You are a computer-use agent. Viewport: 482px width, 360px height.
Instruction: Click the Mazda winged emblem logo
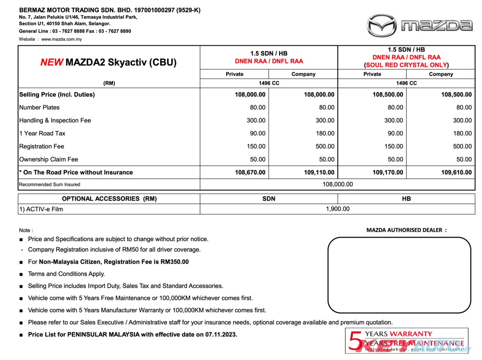pyautogui.click(x=383, y=26)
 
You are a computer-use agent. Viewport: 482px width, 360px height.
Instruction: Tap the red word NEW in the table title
pyautogui.click(x=51, y=62)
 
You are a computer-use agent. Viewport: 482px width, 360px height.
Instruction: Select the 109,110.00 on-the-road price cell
pyautogui.click(x=319, y=172)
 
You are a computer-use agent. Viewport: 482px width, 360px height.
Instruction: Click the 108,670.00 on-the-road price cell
pyautogui.click(x=250, y=172)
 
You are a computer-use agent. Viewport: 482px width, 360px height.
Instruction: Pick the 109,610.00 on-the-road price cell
pyautogui.click(x=456, y=172)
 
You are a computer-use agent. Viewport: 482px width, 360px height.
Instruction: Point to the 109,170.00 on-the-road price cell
pyautogui.click(x=388, y=172)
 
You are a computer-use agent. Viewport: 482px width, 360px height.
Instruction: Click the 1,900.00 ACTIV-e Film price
pyautogui.click(x=337, y=209)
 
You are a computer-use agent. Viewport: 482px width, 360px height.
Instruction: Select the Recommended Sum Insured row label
pyautogui.click(x=50, y=185)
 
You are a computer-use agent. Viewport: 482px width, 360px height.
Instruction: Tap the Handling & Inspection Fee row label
pyautogui.click(x=55, y=120)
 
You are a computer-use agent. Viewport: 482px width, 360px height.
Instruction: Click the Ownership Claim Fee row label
pyautogui.click(x=49, y=160)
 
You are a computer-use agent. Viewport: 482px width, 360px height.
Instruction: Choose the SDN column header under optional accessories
pyautogui.click(x=268, y=199)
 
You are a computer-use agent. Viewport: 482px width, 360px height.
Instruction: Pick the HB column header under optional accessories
pyautogui.click(x=406, y=199)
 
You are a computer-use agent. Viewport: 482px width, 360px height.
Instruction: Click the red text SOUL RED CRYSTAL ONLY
pyautogui.click(x=406, y=65)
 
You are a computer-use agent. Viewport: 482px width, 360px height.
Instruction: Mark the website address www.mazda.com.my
pyautogui.click(x=62, y=40)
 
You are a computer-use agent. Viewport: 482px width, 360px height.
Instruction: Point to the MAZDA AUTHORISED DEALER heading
pyautogui.click(x=406, y=230)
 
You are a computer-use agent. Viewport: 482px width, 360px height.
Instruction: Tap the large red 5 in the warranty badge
pyautogui.click(x=356, y=341)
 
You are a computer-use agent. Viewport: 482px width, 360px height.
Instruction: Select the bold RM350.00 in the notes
pyautogui.click(x=174, y=262)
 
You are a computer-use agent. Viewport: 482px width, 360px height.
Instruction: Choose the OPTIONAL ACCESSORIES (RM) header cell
pyautogui.click(x=109, y=199)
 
